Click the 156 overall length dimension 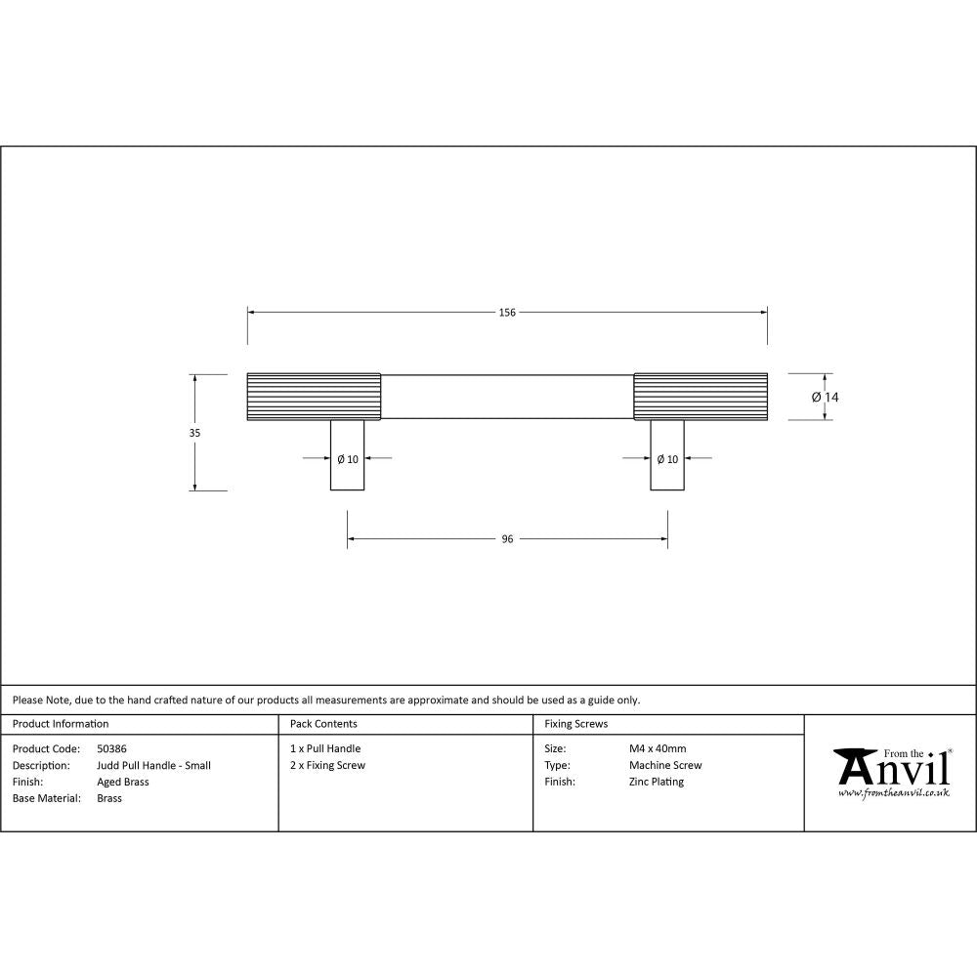pyautogui.click(x=507, y=313)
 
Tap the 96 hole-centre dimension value pyautogui.click(x=507, y=538)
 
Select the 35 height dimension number pyautogui.click(x=194, y=432)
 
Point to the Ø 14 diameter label pyautogui.click(x=826, y=397)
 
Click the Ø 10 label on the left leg pyautogui.click(x=347, y=459)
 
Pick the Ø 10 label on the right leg pyautogui.click(x=667, y=459)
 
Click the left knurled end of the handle pyautogui.click(x=314, y=397)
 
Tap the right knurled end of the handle pyautogui.click(x=701, y=397)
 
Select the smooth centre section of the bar pyautogui.click(x=507, y=397)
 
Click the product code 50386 pyautogui.click(x=112, y=748)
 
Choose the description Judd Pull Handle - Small pyautogui.click(x=153, y=765)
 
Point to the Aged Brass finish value pyautogui.click(x=123, y=782)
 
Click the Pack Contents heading pyautogui.click(x=323, y=724)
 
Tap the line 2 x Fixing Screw pyautogui.click(x=327, y=765)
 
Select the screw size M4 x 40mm pyautogui.click(x=658, y=748)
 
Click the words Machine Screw pyautogui.click(x=665, y=765)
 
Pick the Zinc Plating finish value pyautogui.click(x=657, y=782)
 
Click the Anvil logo pyautogui.click(x=891, y=773)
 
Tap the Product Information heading pyautogui.click(x=61, y=724)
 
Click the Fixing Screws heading pyautogui.click(x=575, y=724)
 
